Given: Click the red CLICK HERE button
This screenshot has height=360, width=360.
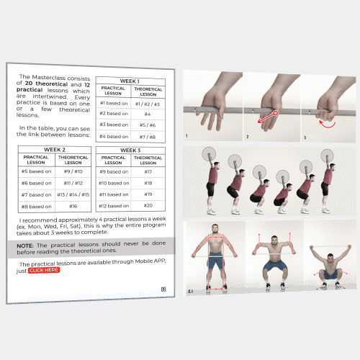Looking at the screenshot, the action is [x=44, y=270].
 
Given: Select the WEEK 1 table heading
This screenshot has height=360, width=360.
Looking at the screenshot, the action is [x=130, y=81].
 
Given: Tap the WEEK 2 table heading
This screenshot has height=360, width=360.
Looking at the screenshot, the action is [x=55, y=150].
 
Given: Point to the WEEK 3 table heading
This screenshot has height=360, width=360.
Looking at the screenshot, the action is [x=130, y=150].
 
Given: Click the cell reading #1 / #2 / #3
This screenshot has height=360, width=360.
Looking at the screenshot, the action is [x=148, y=104].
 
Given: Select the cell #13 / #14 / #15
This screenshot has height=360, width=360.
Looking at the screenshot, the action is [x=73, y=194].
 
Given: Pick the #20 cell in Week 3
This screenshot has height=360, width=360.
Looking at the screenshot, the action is [x=148, y=206].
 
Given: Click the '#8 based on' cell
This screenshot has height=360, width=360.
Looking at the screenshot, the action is [x=37, y=207].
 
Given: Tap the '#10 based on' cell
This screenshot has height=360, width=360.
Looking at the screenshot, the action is [x=114, y=183].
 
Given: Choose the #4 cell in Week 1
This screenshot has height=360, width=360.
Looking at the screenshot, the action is [x=148, y=114].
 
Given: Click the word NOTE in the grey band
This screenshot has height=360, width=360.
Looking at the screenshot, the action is [x=25, y=246].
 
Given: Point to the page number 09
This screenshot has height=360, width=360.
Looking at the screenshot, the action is [x=163, y=289].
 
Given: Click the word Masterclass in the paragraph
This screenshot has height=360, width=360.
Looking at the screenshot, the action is [x=49, y=77].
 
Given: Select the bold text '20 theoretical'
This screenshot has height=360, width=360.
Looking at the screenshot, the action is [x=46, y=84].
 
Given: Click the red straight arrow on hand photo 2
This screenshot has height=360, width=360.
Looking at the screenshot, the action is [x=268, y=117].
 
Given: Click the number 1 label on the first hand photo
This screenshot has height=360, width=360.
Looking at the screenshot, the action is [x=186, y=135].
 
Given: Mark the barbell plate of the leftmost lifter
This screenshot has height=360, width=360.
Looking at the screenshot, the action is [x=209, y=154].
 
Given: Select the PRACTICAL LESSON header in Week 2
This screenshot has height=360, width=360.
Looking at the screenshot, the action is [x=36, y=160].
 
